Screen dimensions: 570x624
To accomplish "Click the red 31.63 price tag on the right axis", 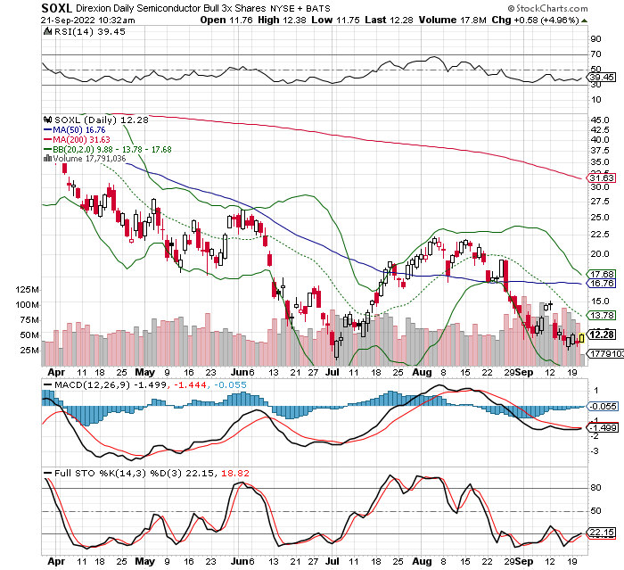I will pyautogui.click(x=601, y=178).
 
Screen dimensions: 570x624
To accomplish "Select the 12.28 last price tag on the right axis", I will pyautogui.click(x=601, y=335).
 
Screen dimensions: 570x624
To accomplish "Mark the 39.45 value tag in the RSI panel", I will pyautogui.click(x=601, y=78).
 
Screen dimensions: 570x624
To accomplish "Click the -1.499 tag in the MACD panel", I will pyautogui.click(x=601, y=427).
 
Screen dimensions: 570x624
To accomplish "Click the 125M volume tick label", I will pyautogui.click(x=29, y=290).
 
